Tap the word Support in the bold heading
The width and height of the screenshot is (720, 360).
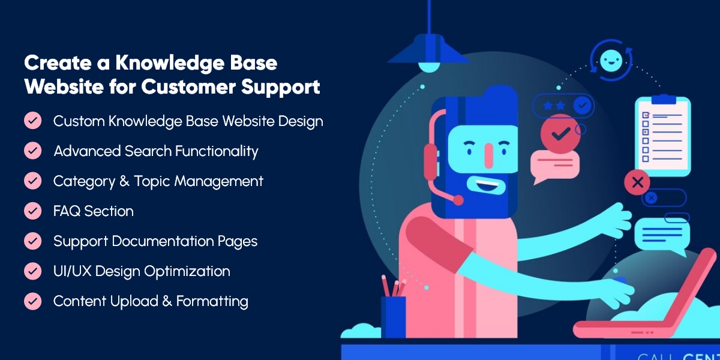(x=281, y=88)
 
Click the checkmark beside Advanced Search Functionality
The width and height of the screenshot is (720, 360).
(x=33, y=151)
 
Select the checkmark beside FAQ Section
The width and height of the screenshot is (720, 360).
(x=33, y=211)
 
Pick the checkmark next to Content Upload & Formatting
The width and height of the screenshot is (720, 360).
(x=33, y=301)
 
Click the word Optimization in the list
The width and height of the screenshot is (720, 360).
(x=187, y=272)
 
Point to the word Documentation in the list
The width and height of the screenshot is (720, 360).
(x=163, y=241)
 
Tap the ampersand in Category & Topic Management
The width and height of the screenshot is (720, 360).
(x=124, y=181)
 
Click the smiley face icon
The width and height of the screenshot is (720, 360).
(x=611, y=61)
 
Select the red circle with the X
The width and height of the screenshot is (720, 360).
(x=637, y=182)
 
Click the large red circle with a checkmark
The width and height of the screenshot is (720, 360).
(x=560, y=134)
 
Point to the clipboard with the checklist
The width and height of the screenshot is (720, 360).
(x=663, y=136)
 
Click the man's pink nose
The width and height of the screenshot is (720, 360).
(x=489, y=155)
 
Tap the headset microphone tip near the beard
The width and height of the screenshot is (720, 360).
(x=458, y=200)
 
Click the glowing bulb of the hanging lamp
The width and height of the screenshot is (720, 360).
(x=429, y=67)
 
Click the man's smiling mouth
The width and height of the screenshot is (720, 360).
(x=488, y=185)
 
